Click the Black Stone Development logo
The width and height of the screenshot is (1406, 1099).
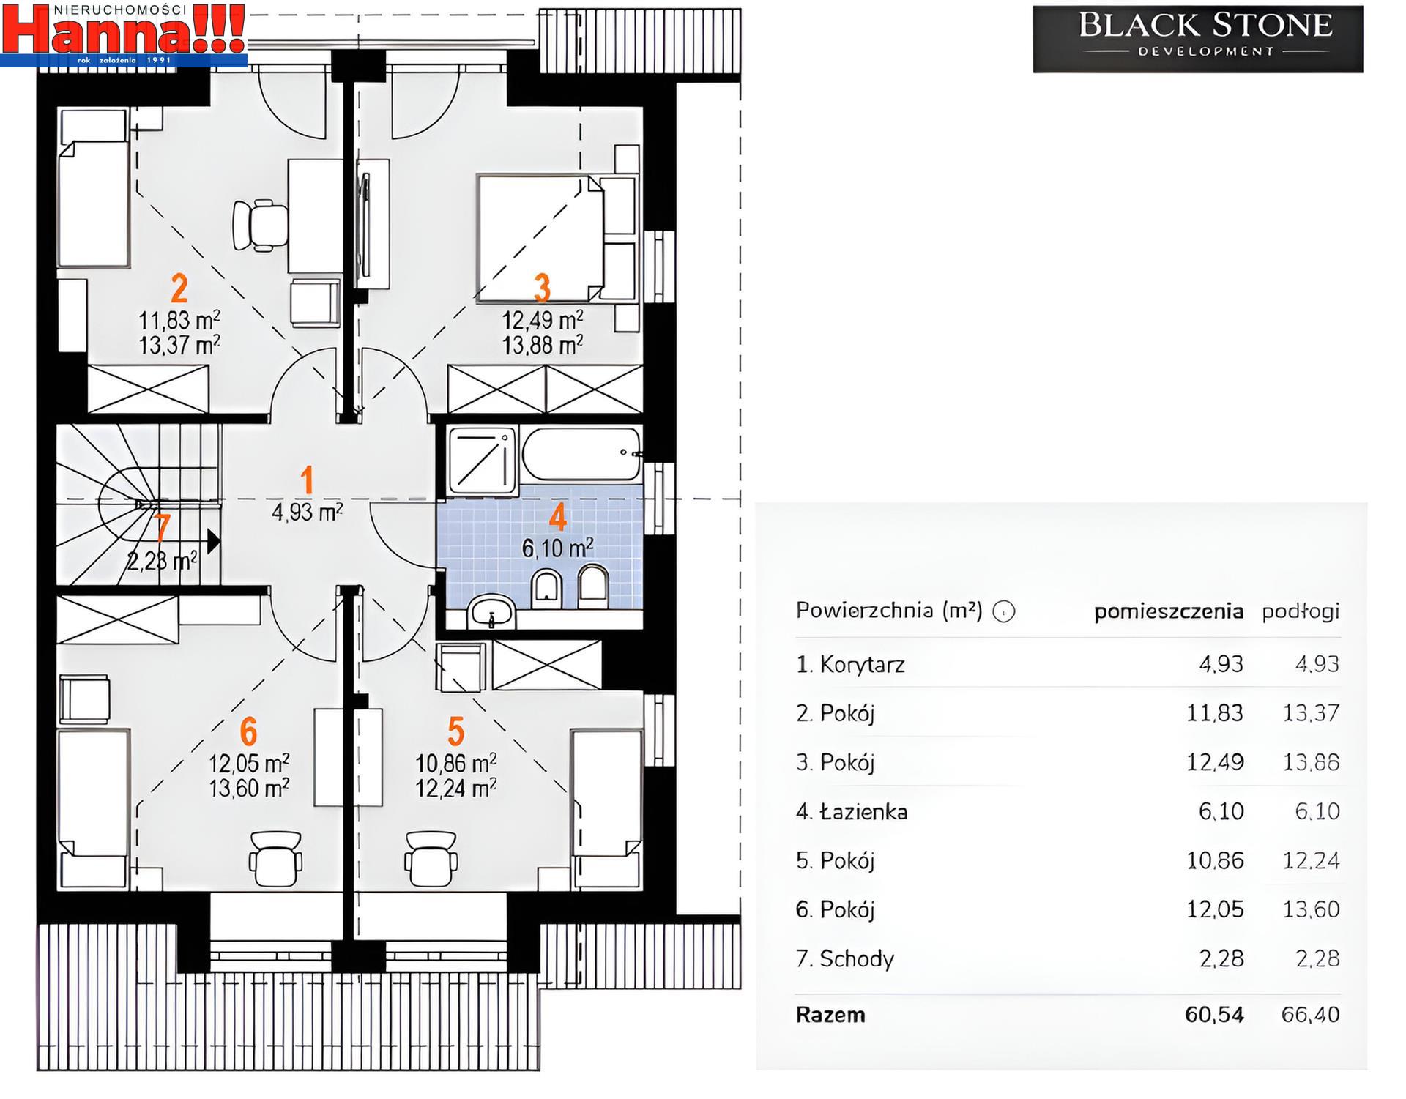pos(1198,39)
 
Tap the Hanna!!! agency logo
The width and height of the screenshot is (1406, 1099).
pos(124,34)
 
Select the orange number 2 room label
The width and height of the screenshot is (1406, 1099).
pos(179,288)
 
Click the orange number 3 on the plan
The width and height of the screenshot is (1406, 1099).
pos(542,288)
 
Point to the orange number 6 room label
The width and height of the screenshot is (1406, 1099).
pos(248,731)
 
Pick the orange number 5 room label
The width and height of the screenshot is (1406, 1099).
pos(455,731)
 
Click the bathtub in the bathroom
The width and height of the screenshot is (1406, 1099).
pos(581,455)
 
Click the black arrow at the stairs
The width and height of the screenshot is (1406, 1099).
pos(213,541)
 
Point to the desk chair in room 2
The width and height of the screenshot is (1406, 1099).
pos(259,225)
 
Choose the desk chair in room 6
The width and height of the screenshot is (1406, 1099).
pos(276,858)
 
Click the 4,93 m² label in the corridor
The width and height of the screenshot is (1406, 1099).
pos(308,512)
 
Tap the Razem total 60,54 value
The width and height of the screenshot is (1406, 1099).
pos(1214,1014)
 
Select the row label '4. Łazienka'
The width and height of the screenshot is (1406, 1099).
pos(852,811)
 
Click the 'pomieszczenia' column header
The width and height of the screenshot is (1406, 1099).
pos(1169,611)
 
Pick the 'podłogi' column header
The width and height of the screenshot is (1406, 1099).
pos(1301,611)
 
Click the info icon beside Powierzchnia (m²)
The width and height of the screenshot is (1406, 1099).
pos(1004,611)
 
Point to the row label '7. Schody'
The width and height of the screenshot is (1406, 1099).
pos(845,958)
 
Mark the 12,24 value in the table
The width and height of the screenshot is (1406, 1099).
pos(1311,860)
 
